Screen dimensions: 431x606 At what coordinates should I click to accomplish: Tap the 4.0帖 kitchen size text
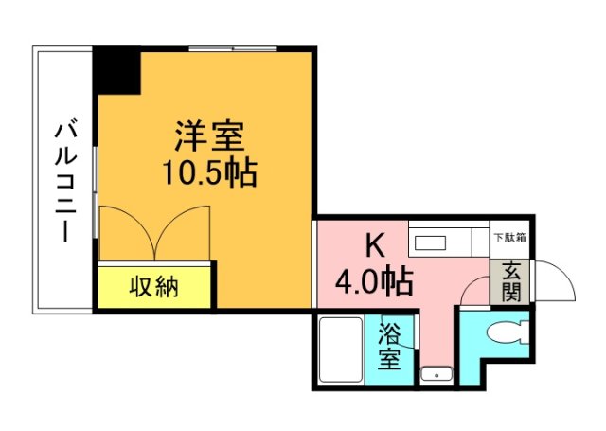[x=374, y=280]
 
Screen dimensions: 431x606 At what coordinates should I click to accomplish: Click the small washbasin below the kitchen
[x=436, y=372]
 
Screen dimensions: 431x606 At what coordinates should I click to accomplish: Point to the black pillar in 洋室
[x=116, y=68]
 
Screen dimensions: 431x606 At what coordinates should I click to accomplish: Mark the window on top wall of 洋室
[x=232, y=46]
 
